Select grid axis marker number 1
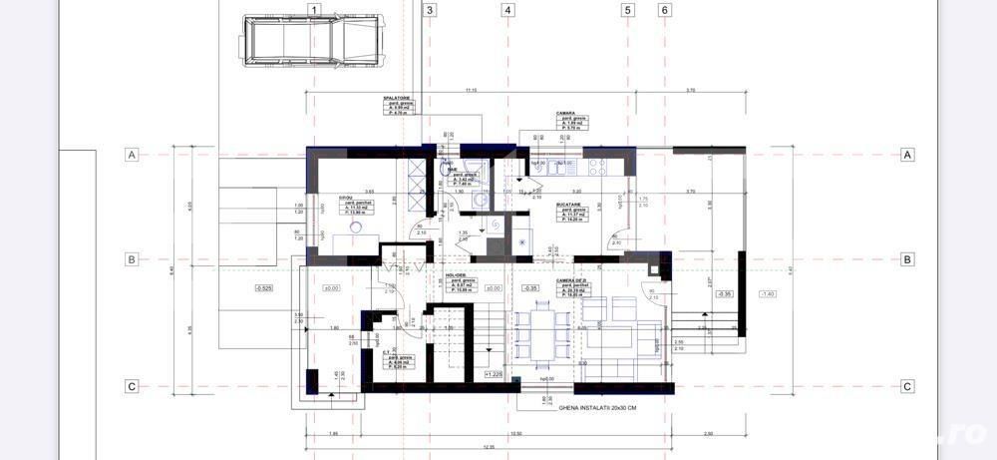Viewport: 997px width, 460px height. click(x=314, y=11)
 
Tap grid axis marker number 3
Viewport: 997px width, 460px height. click(x=430, y=11)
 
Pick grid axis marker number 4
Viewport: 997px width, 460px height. click(x=508, y=11)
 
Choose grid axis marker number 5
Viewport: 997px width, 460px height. click(x=628, y=11)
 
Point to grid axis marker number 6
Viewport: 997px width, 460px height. click(x=665, y=11)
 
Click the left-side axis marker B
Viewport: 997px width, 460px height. click(x=131, y=259)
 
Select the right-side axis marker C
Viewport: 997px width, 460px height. click(x=907, y=387)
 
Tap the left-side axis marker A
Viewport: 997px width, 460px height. click(x=131, y=155)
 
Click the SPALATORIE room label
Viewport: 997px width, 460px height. click(x=397, y=99)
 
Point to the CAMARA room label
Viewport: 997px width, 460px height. click(x=565, y=114)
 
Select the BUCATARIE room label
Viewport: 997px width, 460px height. click(x=571, y=205)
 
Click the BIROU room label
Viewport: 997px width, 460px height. click(x=345, y=198)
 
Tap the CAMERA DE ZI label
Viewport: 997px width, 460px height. click(x=572, y=282)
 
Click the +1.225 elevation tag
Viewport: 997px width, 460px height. click(x=494, y=374)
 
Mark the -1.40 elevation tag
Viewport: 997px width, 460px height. click(x=767, y=293)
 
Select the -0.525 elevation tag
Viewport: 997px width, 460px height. click(x=263, y=288)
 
